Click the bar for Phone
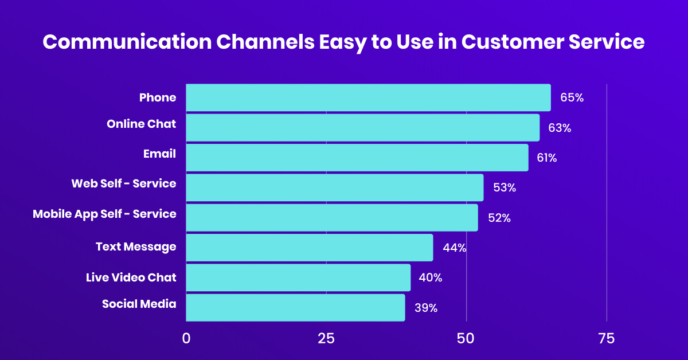click(x=368, y=97)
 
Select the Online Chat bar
click(x=362, y=127)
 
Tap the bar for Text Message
click(x=309, y=248)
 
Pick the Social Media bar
click(x=295, y=307)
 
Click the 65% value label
click(x=572, y=98)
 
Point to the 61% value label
click(x=547, y=158)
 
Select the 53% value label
click(x=505, y=188)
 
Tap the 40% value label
click(x=431, y=278)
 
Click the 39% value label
click(x=426, y=308)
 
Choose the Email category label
click(x=159, y=154)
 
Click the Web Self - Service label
click(x=124, y=183)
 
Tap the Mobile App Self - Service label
click(x=104, y=214)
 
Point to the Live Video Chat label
click(x=131, y=277)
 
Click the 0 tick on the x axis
click(x=186, y=339)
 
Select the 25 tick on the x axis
click(x=326, y=339)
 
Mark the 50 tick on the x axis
click(x=466, y=339)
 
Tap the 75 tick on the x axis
click(x=606, y=339)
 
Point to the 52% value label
click(x=499, y=218)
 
